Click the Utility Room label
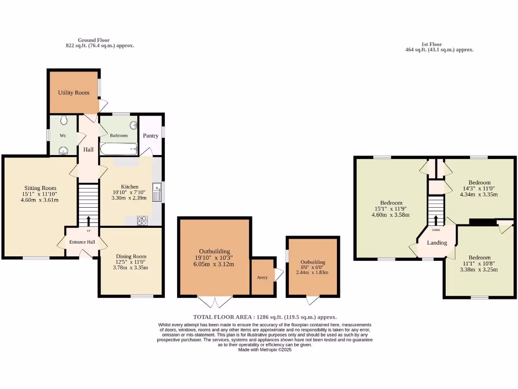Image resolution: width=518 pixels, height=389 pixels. point(73,93)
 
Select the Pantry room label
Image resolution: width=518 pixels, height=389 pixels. point(151,136)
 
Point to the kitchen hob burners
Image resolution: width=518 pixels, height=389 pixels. point(142,220)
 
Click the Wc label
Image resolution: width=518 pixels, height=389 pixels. point(63,136)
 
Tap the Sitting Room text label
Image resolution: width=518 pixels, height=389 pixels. point(39,187)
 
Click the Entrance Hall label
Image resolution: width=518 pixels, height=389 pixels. point(82,242)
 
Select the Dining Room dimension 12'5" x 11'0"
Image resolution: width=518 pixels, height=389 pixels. point(131,262)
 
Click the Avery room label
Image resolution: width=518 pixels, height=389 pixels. point(262,277)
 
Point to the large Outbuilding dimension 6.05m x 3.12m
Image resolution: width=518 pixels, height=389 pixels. point(214,264)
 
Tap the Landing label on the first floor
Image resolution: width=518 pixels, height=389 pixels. point(437,243)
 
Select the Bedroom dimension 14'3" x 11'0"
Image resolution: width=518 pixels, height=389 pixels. point(479,188)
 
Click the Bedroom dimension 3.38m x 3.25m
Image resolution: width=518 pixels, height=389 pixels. point(479,269)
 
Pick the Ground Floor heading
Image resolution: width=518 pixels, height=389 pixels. point(94,40)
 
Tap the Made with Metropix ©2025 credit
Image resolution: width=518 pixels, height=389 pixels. point(265,349)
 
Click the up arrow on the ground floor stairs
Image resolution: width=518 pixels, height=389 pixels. point(89,221)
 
